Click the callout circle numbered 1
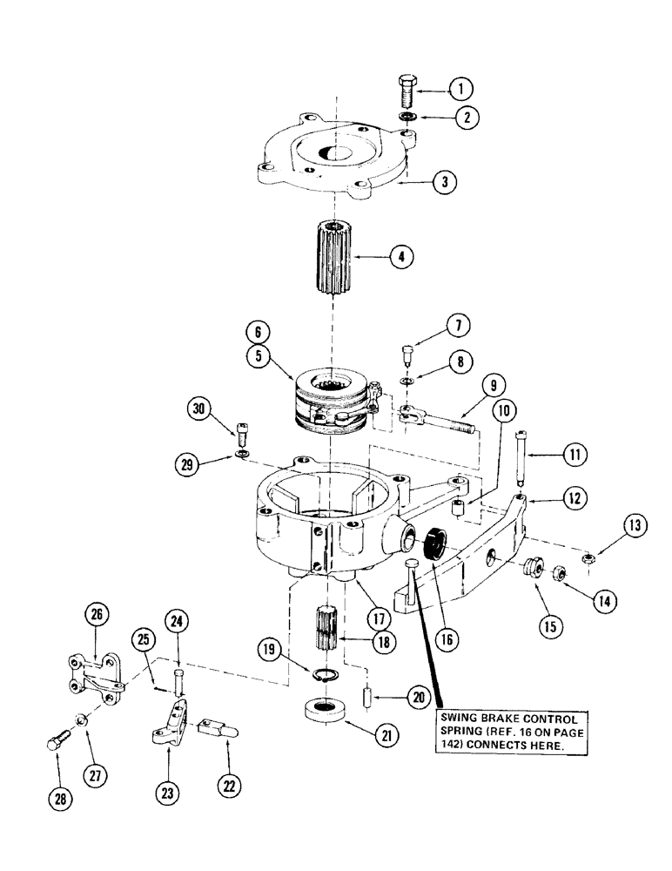(460, 87)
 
